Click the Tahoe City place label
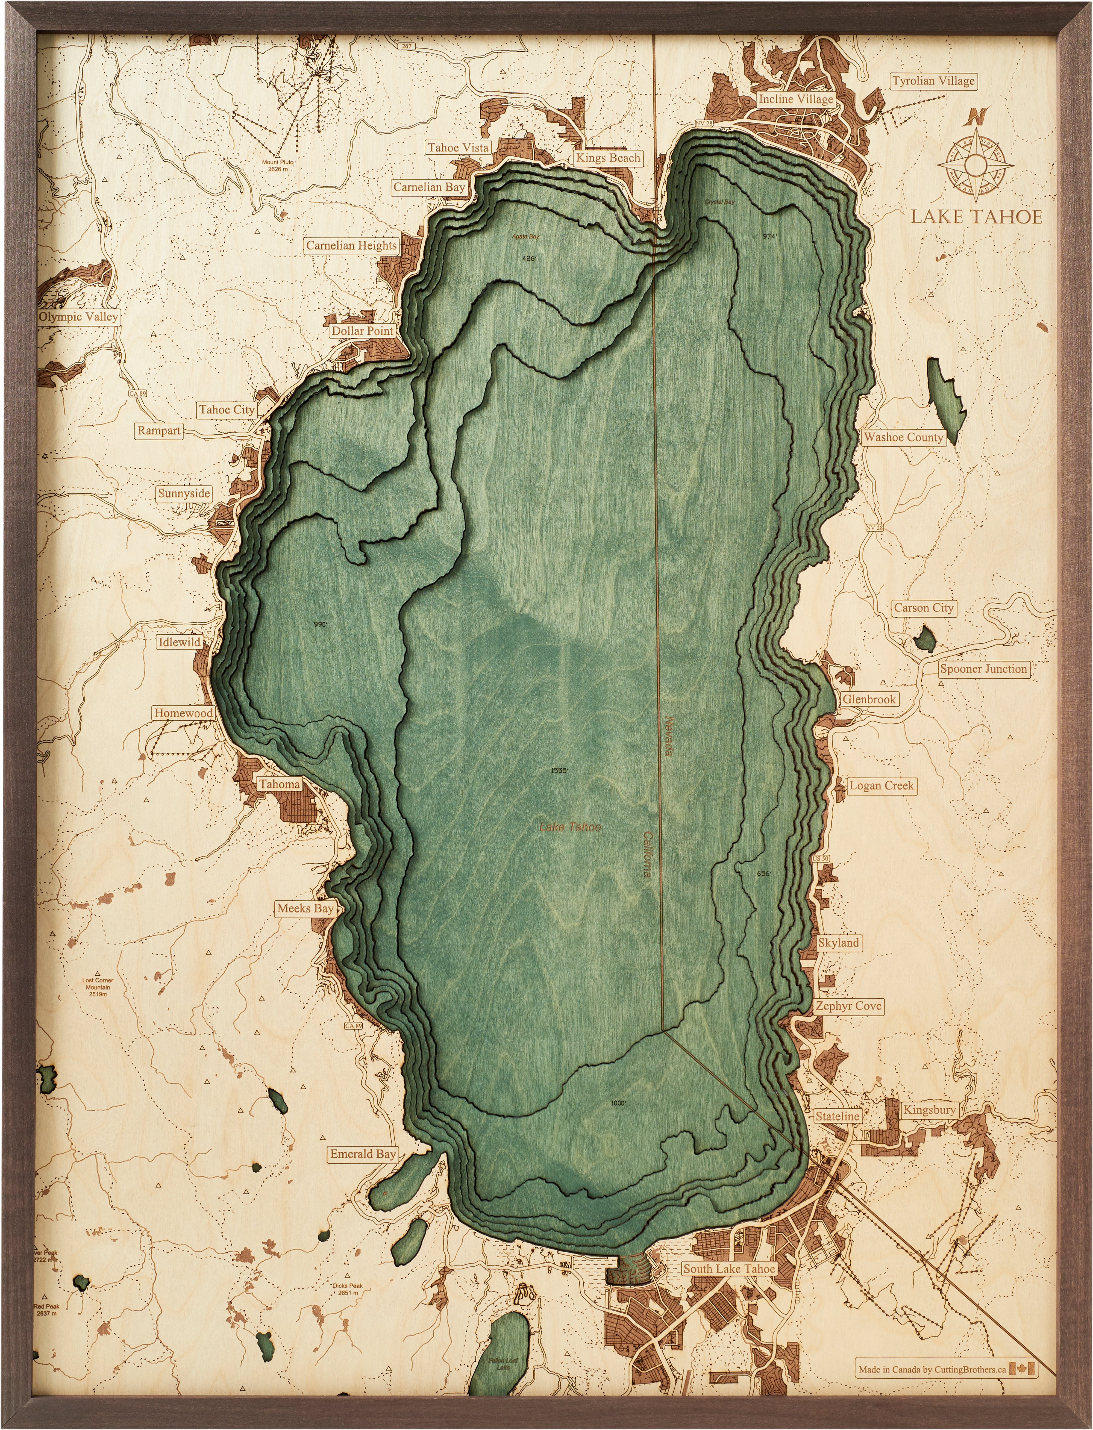click(x=227, y=410)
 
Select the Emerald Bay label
click(x=362, y=1154)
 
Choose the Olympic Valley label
click(x=78, y=317)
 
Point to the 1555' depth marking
click(x=560, y=771)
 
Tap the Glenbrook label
click(x=869, y=699)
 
